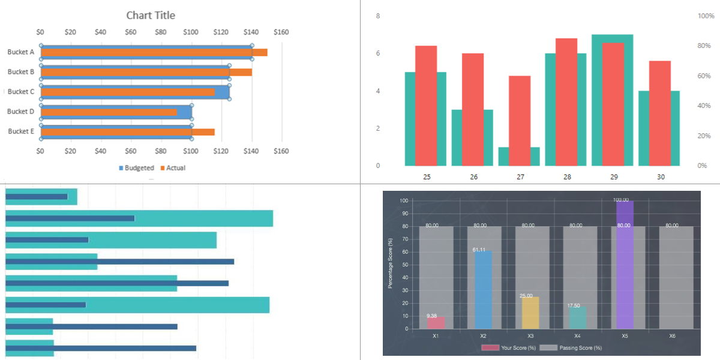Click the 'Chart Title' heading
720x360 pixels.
(151, 15)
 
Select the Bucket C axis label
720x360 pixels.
(21, 92)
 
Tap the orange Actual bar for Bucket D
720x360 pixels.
(109, 112)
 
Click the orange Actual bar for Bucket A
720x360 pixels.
(154, 52)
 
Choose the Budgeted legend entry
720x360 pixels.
(136, 168)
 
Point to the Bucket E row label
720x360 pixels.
(21, 131)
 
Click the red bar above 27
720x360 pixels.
(520, 120)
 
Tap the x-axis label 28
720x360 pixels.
(567, 177)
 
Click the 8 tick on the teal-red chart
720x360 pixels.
(377, 16)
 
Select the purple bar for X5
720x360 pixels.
(624, 264)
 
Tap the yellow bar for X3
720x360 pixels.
(530, 313)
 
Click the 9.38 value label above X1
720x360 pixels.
(432, 316)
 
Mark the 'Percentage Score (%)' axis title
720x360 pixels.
(390, 263)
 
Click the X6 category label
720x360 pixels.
(673, 336)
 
